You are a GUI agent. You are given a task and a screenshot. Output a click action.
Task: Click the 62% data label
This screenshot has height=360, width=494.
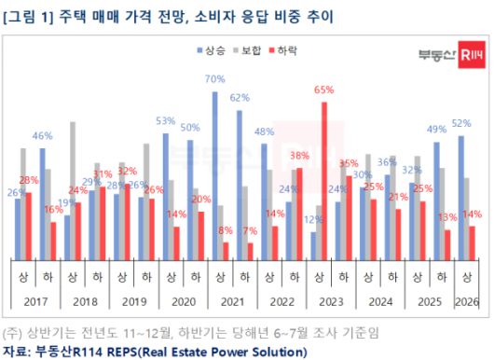click(x=240, y=98)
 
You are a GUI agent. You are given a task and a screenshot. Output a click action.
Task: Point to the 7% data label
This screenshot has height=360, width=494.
click(x=251, y=230)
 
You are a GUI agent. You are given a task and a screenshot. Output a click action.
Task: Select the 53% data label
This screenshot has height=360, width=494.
click(x=166, y=121)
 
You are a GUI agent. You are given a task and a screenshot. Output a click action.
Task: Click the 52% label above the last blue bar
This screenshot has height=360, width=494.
click(x=460, y=123)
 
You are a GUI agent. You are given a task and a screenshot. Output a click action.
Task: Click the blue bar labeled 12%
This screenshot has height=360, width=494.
click(x=313, y=244)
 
